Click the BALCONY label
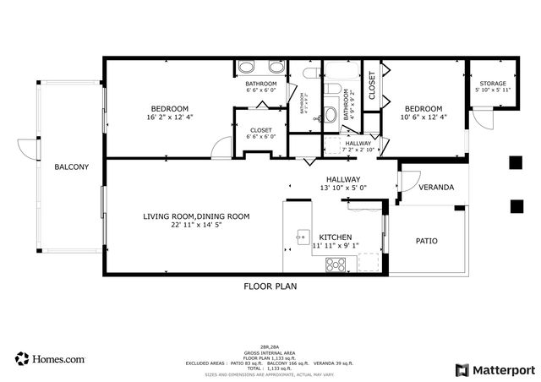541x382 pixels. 71,167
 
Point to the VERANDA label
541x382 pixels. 436,188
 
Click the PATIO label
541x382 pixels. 426,241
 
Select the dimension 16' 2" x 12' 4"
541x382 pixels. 170,118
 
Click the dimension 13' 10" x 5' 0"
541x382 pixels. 343,189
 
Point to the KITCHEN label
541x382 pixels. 336,237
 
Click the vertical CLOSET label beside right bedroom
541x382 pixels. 371,85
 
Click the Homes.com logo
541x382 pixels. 50,358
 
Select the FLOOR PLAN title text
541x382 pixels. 270,286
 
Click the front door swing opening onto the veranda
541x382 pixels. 408,181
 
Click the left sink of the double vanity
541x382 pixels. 247,68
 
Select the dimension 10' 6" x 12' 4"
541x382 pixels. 423,118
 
